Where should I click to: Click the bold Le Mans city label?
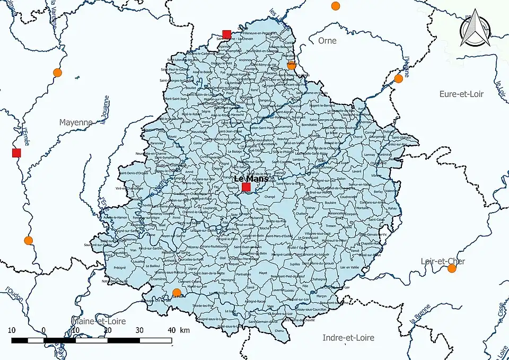(251, 179)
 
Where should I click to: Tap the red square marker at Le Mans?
(246, 187)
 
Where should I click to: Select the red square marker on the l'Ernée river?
(16, 153)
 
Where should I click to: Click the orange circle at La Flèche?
(177, 293)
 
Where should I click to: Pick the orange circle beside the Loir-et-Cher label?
(452, 268)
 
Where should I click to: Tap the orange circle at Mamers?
(291, 65)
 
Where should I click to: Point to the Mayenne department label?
(75, 122)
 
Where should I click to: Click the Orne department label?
(327, 41)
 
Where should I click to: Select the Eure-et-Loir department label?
(462, 94)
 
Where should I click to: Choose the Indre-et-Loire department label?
(348, 338)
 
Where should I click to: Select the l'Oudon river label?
(12, 297)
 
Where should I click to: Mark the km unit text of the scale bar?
(185, 330)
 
